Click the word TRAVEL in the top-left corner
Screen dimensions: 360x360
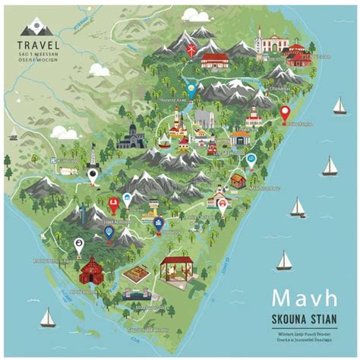[35, 45]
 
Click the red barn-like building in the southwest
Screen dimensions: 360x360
[92, 270]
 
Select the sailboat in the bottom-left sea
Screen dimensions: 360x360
[47, 317]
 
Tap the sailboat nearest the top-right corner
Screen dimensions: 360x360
[339, 106]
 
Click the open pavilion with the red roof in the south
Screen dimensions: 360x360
[176, 269]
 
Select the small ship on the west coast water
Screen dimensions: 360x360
[13, 137]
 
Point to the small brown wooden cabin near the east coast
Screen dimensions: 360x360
[238, 180]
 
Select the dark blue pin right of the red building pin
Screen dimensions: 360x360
[158, 223]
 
